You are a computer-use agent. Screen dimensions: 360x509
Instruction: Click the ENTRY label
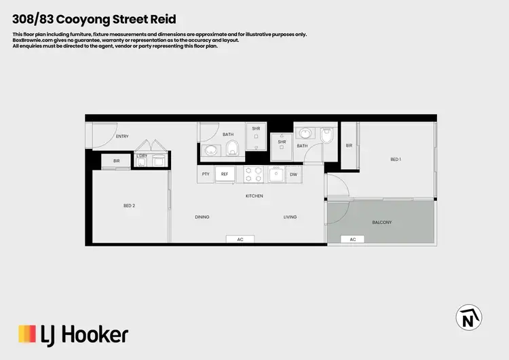click(x=122, y=137)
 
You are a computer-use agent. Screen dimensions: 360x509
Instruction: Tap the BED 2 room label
click(x=129, y=205)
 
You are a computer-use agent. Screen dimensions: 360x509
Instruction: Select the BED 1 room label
click(x=396, y=160)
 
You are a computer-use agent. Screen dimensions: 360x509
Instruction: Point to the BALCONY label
click(x=382, y=223)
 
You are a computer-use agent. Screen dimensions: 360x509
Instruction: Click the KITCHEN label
click(x=254, y=196)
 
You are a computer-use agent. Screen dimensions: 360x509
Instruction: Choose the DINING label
click(x=202, y=217)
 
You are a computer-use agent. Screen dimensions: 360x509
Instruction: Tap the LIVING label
click(x=290, y=217)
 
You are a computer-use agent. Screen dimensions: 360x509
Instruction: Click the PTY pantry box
click(x=206, y=175)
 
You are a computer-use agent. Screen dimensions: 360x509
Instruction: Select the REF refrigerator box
click(x=225, y=175)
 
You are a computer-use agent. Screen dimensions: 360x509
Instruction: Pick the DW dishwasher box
click(x=293, y=175)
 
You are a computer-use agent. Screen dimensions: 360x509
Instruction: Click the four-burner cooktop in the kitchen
click(x=254, y=175)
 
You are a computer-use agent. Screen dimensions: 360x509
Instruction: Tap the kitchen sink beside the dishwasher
click(x=276, y=175)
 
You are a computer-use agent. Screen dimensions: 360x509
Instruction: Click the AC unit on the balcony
click(x=352, y=240)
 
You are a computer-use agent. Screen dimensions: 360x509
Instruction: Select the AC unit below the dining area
click(x=240, y=240)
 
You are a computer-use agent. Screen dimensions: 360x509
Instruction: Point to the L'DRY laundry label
click(x=142, y=156)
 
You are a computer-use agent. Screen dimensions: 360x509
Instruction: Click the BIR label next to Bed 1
click(x=349, y=145)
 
